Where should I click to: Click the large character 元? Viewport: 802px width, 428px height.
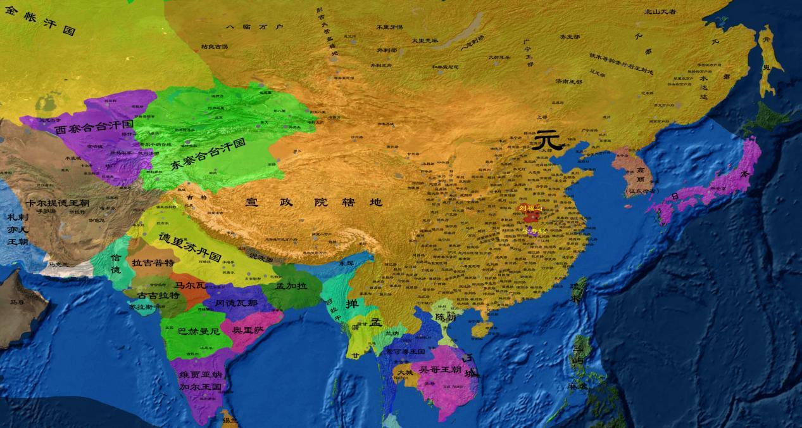(547, 140)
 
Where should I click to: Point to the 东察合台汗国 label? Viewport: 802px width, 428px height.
(208, 154)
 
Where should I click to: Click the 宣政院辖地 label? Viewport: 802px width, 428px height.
(314, 203)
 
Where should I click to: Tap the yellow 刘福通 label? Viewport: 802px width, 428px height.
(530, 208)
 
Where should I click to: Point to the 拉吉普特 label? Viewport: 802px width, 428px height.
(152, 262)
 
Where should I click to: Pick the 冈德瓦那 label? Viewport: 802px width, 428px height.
(236, 303)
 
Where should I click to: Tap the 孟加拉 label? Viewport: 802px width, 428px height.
(291, 286)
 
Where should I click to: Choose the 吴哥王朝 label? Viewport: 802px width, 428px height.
(437, 369)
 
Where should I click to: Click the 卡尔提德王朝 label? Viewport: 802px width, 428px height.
(58, 204)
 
